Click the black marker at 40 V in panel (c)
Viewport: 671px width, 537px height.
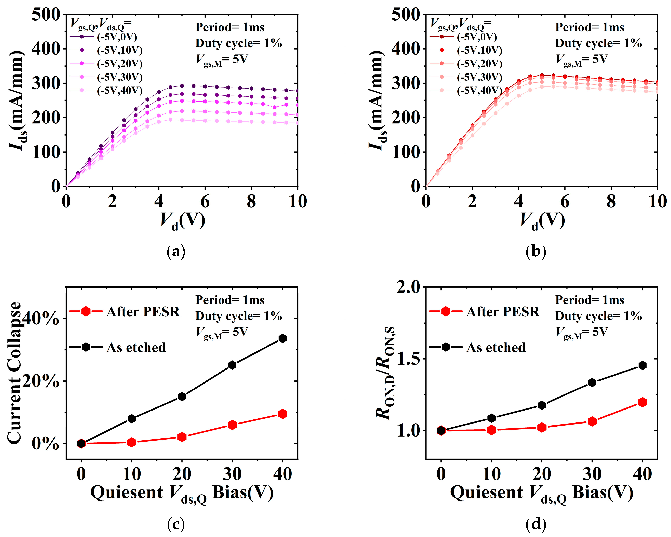coord(282,338)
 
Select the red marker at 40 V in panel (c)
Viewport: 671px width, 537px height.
coord(282,414)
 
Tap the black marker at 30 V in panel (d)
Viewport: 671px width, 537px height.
coord(592,382)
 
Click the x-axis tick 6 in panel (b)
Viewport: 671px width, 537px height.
coord(565,202)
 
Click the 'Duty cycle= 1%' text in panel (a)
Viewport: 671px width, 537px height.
coord(238,43)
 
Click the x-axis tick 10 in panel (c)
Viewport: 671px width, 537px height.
coord(132,474)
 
